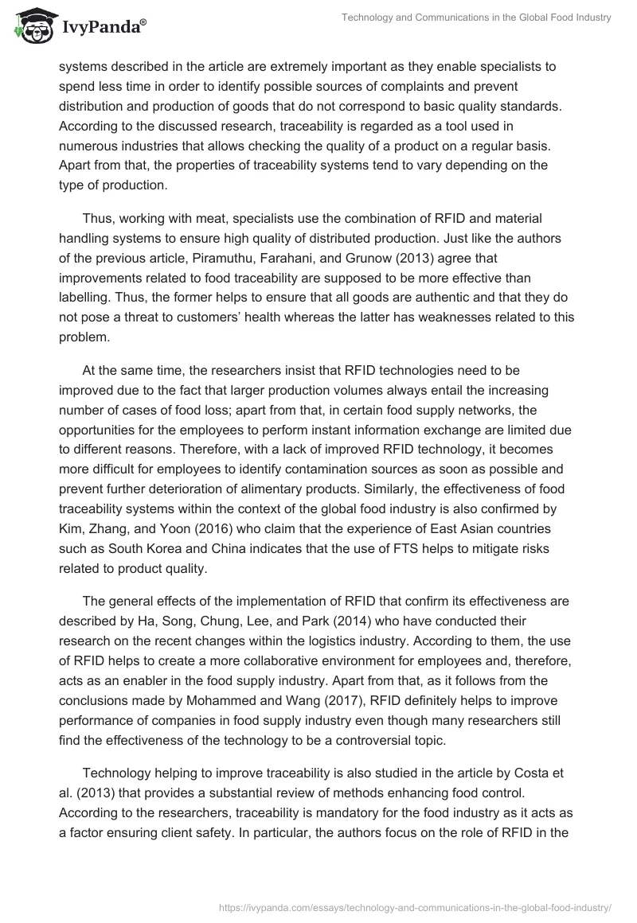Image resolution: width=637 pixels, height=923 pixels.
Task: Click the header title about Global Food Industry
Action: tap(475, 18)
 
